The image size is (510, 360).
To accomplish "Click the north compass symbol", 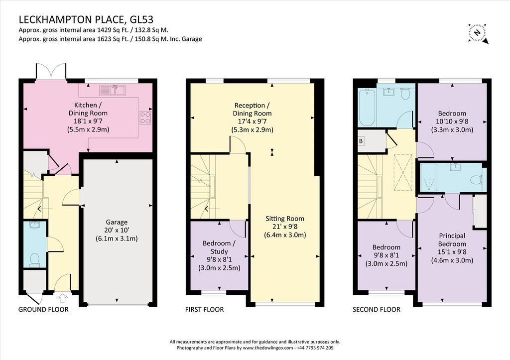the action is pyautogui.click(x=478, y=33).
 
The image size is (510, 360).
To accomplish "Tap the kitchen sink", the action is pyautogui.click(x=113, y=90).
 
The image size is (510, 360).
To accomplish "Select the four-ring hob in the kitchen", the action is pyautogui.click(x=145, y=118).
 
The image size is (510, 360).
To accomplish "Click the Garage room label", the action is pyautogui.click(x=117, y=222).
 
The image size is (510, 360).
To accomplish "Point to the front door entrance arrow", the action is pyautogui.click(x=63, y=298).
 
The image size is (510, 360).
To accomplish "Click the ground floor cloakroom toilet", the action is pyautogui.click(x=34, y=260).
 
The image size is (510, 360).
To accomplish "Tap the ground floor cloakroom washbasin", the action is pyautogui.click(x=34, y=226).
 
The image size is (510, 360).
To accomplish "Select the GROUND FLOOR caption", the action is pyautogui.click(x=43, y=309).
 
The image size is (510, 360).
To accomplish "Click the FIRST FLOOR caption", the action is pyautogui.click(x=205, y=309).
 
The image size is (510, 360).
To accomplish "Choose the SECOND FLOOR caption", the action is pyautogui.click(x=377, y=309).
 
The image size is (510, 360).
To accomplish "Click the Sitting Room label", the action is pyautogui.click(x=285, y=219).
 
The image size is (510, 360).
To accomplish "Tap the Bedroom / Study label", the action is pyautogui.click(x=220, y=247).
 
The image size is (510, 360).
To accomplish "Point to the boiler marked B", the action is pyautogui.click(x=361, y=141).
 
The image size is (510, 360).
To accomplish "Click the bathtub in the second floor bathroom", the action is pyautogui.click(x=367, y=108).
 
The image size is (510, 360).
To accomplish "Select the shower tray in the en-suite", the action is pyautogui.click(x=429, y=177).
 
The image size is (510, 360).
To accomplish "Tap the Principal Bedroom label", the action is pyautogui.click(x=452, y=240).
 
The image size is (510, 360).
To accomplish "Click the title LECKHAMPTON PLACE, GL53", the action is pyautogui.click(x=86, y=19).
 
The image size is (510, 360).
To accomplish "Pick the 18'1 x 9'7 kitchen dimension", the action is pyautogui.click(x=88, y=121).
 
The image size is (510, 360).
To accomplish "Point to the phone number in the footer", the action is pyautogui.click(x=315, y=348).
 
